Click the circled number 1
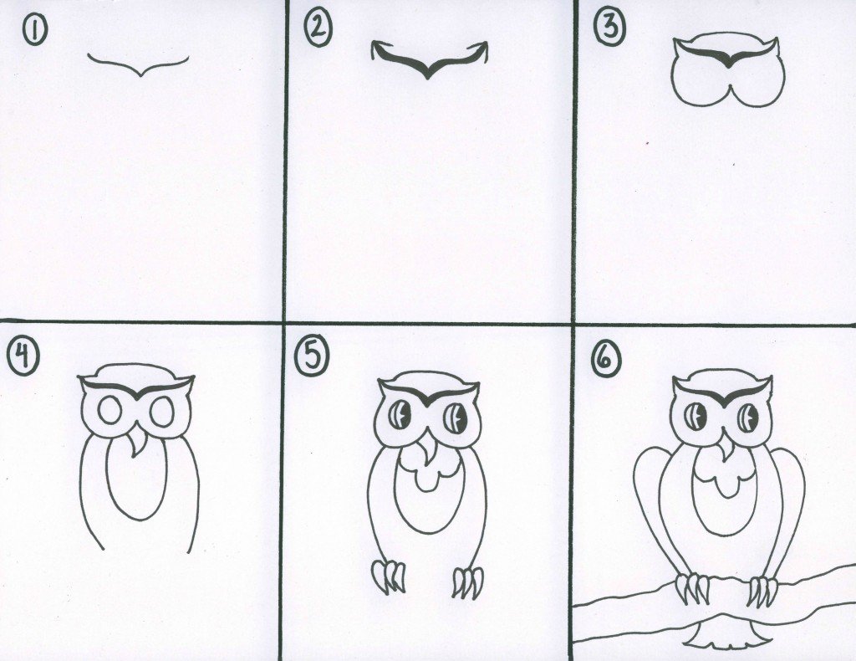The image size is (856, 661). click(x=33, y=30)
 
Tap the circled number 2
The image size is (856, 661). click(x=318, y=31)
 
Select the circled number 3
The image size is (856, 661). click(x=609, y=27)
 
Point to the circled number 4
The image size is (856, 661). click(x=23, y=358)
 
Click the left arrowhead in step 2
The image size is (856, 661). click(x=377, y=49)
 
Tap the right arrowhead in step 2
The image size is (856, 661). click(x=481, y=49)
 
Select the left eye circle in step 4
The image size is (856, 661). click(x=110, y=411)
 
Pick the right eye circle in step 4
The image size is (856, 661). click(x=162, y=412)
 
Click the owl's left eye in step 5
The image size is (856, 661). click(x=400, y=415)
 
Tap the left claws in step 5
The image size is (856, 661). click(x=389, y=576)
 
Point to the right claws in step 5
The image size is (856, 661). click(x=468, y=582)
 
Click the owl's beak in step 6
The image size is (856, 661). click(x=726, y=448)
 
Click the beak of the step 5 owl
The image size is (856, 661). click(x=427, y=447)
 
